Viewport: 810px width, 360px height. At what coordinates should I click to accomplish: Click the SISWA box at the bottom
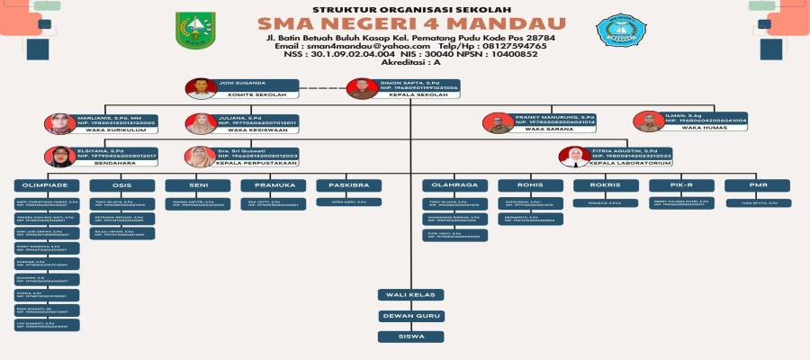pyautogui.click(x=410, y=337)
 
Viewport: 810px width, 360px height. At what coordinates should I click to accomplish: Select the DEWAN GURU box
pyautogui.click(x=410, y=316)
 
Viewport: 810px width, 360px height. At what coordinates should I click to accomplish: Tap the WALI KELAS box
pyautogui.click(x=410, y=295)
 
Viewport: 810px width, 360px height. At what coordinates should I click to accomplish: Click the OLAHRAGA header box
pyautogui.click(x=455, y=185)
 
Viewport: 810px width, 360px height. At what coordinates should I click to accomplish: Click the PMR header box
pyautogui.click(x=759, y=185)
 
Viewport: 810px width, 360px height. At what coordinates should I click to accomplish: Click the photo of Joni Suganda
pyautogui.click(x=199, y=88)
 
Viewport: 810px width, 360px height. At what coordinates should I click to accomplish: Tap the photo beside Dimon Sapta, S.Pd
pyautogui.click(x=361, y=88)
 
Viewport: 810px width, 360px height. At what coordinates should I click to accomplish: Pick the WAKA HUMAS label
pyautogui.click(x=702, y=128)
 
